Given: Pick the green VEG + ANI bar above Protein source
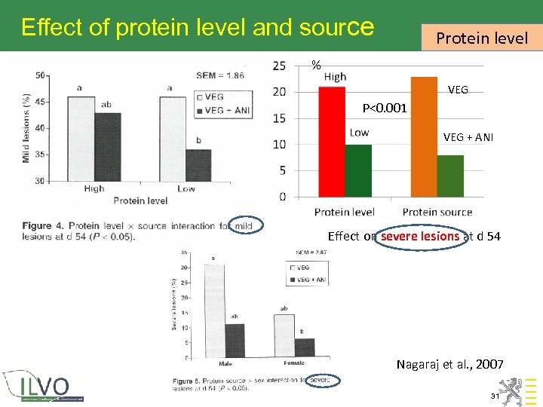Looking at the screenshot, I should point(449,176).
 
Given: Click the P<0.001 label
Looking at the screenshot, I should point(384,109).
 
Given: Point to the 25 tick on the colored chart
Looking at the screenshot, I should point(279,66).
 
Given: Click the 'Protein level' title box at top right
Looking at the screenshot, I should point(482,37).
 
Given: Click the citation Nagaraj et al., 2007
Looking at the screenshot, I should point(450,365).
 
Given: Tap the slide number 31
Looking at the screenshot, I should point(495,396).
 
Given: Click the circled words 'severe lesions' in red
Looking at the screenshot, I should point(420,236).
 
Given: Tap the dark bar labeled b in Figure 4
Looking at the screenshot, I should point(198,164).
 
